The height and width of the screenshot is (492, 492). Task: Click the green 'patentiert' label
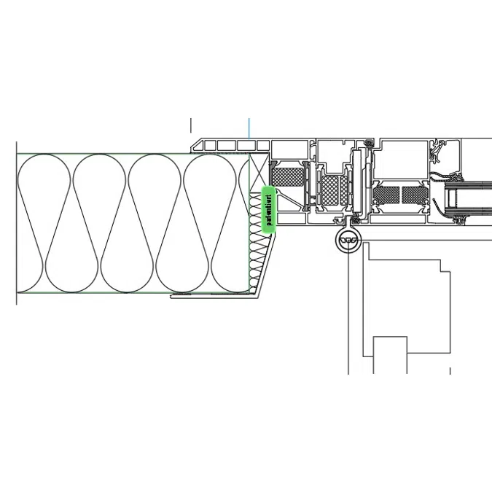[268, 210]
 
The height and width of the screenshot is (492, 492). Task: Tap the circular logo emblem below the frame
[349, 240]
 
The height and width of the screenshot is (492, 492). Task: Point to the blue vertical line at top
[249, 128]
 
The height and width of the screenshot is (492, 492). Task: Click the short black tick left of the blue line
[191, 125]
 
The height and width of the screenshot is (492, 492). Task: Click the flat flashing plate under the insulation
[215, 296]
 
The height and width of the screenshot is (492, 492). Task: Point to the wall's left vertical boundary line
[16, 222]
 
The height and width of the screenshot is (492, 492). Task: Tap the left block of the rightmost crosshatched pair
[387, 195]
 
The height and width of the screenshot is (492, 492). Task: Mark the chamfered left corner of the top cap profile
[195, 146]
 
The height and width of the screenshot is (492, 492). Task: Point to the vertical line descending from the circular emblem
[348, 313]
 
